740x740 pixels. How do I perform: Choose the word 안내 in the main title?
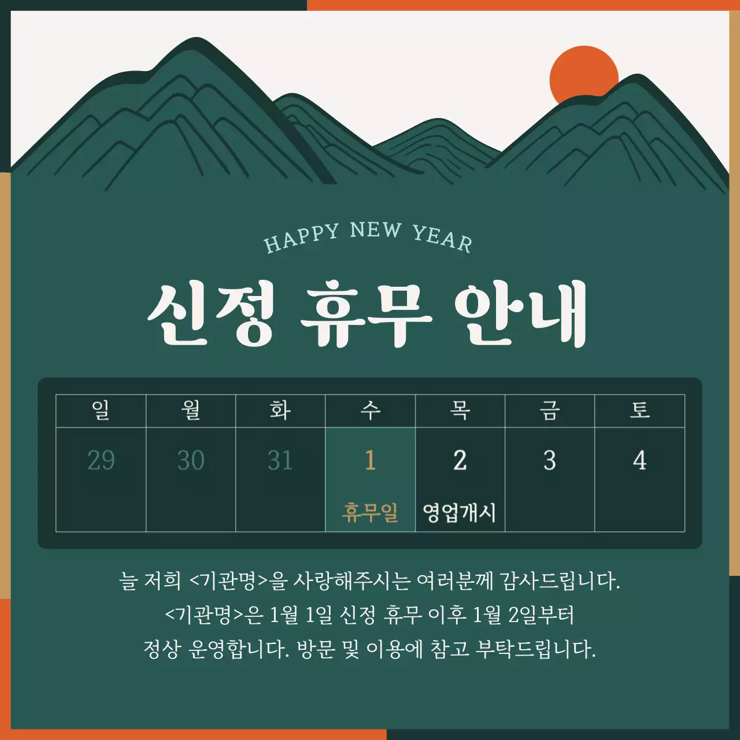point(520,315)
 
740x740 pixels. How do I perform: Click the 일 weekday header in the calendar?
point(101,410)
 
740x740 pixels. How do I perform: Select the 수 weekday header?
point(370,410)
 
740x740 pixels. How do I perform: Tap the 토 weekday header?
point(639,410)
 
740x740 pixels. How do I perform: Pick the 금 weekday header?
point(550,410)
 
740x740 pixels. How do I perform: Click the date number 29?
point(101,461)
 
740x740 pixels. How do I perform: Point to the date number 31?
point(280,461)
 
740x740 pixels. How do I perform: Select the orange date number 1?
point(370,461)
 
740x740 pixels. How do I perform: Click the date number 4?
point(639,461)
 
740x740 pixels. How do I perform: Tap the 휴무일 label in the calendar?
point(370,512)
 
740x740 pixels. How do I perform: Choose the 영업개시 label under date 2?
point(460,512)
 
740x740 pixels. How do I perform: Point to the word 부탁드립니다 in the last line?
point(535,649)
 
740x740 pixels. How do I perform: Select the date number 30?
point(191,461)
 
